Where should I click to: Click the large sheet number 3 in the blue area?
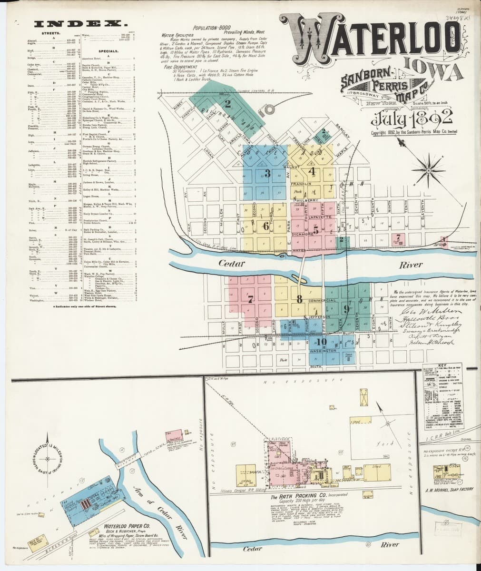coord(267,173)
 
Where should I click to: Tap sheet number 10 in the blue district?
coord(322,342)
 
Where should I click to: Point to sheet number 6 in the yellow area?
coord(266,226)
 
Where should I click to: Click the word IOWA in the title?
coord(436,70)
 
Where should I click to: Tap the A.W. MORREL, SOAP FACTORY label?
coord(447,489)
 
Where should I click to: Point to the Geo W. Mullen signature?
coord(422,310)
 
